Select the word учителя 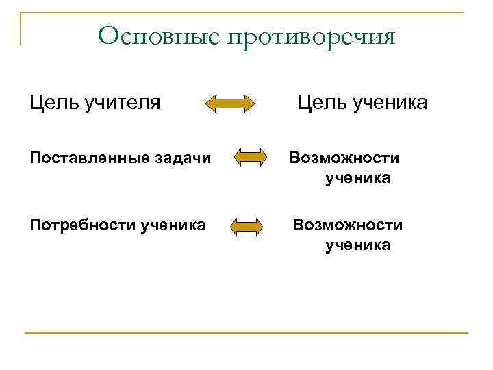tap(123, 103)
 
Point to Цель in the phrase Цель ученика tap(320, 103)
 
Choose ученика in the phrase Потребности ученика tap(173, 225)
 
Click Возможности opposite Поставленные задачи tap(344, 158)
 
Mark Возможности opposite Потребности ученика tap(348, 225)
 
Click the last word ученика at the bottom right tap(358, 245)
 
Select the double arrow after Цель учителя tap(230, 104)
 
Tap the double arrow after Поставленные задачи tap(250, 159)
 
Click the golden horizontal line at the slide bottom tap(246, 333)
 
